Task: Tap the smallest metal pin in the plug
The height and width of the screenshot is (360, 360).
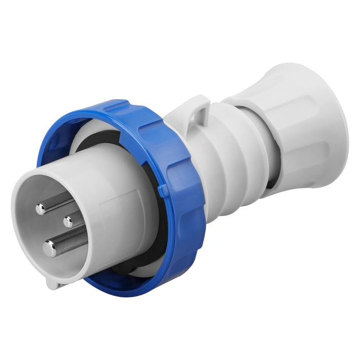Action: tap(68, 222)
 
